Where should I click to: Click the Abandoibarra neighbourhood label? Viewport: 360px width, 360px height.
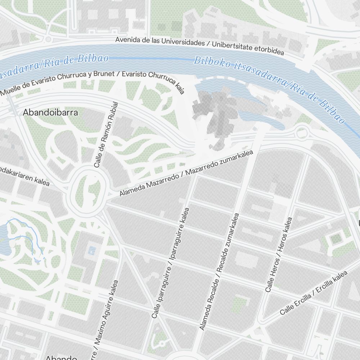pyautogui.click(x=50, y=112)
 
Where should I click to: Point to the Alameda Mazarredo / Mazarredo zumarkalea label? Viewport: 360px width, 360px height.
pyautogui.click(x=186, y=174)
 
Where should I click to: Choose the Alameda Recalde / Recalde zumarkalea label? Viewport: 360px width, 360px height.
pyautogui.click(x=219, y=272)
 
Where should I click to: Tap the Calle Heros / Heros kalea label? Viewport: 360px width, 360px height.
pyautogui.click(x=279, y=254)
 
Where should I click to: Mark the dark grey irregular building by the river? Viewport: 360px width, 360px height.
pyautogui.click(x=216, y=115)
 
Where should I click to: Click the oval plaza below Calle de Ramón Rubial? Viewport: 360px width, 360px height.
pyautogui.click(x=89, y=189)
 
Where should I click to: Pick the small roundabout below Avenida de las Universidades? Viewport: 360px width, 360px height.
pyautogui.click(x=48, y=39)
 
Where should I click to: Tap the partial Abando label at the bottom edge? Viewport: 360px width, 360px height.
pyautogui.click(x=61, y=357)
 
